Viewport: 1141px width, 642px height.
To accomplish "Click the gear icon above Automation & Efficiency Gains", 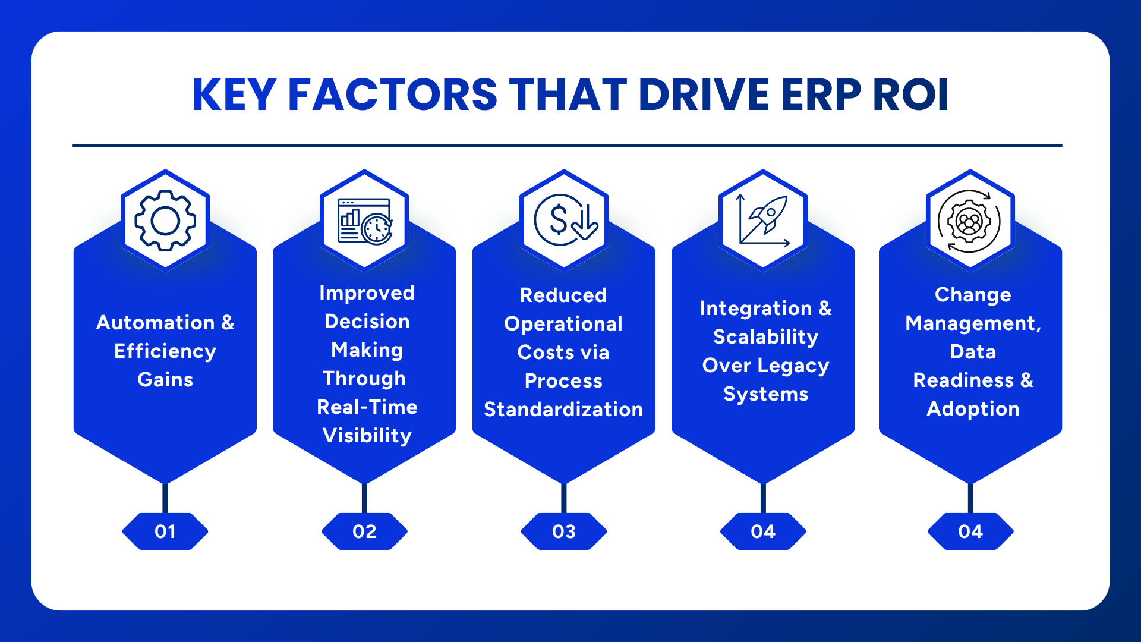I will tap(165, 221).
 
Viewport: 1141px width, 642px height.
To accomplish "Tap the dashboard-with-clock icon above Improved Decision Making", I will tap(364, 221).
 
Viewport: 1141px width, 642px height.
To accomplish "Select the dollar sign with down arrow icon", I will tap(564, 221).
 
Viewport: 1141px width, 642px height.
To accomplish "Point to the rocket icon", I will tap(764, 221).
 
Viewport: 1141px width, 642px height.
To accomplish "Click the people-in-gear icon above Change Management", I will tap(970, 222).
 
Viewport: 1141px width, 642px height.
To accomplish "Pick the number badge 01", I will tap(165, 531).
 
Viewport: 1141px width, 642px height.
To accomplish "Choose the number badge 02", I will tap(364, 531).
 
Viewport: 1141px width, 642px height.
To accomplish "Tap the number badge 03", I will tap(564, 531).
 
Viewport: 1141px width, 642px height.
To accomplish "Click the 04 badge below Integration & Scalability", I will tap(763, 531).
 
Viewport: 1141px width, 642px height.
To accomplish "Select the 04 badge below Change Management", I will tap(970, 531).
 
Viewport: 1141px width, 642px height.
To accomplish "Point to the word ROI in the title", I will tap(910, 95).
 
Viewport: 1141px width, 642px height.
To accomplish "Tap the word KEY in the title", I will tap(234, 95).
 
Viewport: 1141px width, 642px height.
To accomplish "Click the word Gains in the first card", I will tap(165, 380).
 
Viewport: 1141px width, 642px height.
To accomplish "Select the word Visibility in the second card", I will tap(367, 436).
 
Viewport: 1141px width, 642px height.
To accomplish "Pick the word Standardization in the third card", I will tap(563, 410).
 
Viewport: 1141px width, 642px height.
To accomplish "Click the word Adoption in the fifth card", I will tap(973, 409).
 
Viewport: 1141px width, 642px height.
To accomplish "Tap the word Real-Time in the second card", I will tap(367, 407).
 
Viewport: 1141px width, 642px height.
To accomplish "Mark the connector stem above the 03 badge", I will tap(563, 498).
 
